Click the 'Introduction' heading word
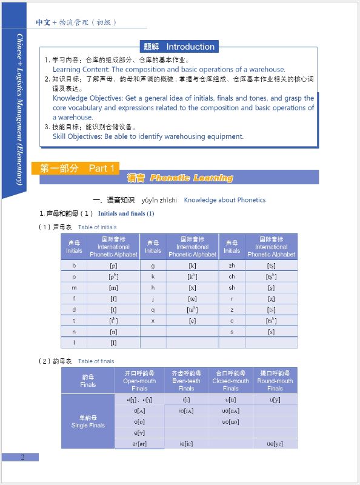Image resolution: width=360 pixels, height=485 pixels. pyautogui.click(x=190, y=47)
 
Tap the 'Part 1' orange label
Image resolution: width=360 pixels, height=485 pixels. pyautogui.click(x=101, y=168)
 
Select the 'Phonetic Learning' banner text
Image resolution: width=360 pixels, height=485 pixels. pyautogui.click(x=192, y=178)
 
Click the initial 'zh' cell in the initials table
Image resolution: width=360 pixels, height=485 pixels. pyautogui.click(x=232, y=266)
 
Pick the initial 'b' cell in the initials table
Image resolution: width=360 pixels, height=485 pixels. pyautogui.click(x=74, y=266)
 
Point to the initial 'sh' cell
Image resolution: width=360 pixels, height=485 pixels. pyautogui.click(x=232, y=287)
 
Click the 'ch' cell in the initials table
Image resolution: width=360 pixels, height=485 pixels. pyautogui.click(x=232, y=276)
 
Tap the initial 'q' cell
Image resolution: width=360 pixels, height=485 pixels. pyautogui.click(x=153, y=309)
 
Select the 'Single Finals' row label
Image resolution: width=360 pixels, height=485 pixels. pyautogui.click(x=88, y=421)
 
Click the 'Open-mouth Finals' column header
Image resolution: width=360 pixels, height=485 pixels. pyautogui.click(x=139, y=381)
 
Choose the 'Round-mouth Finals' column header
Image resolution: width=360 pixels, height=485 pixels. pyautogui.click(x=275, y=381)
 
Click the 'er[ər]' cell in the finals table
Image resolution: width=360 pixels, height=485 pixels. pyautogui.click(x=139, y=444)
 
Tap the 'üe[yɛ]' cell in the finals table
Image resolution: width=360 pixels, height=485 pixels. pyautogui.click(x=275, y=444)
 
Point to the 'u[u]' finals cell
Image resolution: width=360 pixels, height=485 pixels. pyautogui.click(x=231, y=400)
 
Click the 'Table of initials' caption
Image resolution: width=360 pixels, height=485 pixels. pyautogui.click(x=98, y=227)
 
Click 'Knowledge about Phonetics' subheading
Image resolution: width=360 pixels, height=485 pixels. pyautogui.click(x=224, y=200)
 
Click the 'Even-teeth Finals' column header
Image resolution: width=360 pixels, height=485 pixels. pyautogui.click(x=186, y=381)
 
